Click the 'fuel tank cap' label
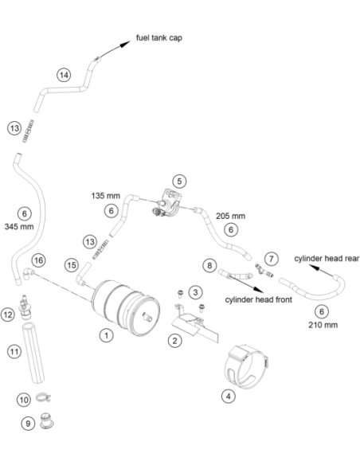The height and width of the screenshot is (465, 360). click(159, 38)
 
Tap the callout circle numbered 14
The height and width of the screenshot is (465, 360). click(64, 75)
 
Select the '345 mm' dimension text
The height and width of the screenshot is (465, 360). click(19, 227)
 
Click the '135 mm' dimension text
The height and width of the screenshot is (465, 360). click(106, 196)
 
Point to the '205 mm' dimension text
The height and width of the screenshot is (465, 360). click(231, 216)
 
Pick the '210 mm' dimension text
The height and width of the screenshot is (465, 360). click(323, 325)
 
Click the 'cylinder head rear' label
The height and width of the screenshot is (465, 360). click(327, 259)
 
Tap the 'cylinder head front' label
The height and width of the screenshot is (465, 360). click(259, 300)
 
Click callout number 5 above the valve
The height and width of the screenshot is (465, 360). click(179, 181)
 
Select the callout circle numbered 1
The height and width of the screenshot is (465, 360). click(106, 335)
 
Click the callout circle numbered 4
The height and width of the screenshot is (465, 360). click(229, 396)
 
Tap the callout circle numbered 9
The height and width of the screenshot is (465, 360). click(28, 423)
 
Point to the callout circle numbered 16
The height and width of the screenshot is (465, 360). click(38, 260)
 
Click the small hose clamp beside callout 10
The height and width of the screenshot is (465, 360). click(44, 397)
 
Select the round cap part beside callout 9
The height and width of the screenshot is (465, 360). click(47, 421)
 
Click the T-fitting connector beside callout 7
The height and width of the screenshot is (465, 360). click(264, 271)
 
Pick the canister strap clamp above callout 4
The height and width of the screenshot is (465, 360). click(246, 366)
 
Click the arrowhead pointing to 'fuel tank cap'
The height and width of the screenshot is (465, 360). click(126, 44)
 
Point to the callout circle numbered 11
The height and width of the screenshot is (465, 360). click(14, 352)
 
